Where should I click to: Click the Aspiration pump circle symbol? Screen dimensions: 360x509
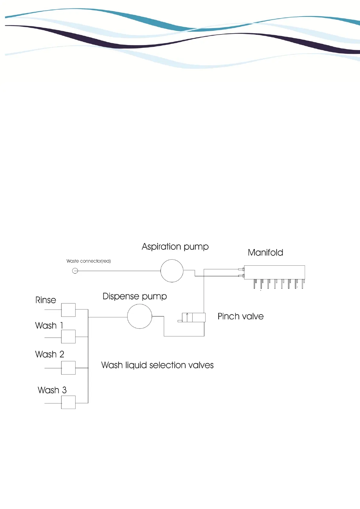pyautogui.click(x=172, y=271)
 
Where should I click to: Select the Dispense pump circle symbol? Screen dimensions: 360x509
pyautogui.click(x=140, y=316)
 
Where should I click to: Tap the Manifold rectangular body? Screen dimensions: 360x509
pyautogui.click(x=274, y=272)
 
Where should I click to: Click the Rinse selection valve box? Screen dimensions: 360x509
pyautogui.click(x=68, y=310)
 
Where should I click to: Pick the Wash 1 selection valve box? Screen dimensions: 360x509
pyautogui.click(x=68, y=336)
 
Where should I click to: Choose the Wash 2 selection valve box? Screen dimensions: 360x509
pyautogui.click(x=68, y=368)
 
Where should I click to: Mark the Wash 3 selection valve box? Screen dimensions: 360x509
pyautogui.click(x=68, y=402)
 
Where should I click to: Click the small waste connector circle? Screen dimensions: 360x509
pyautogui.click(x=75, y=271)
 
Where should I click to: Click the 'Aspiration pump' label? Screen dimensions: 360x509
pyautogui.click(x=175, y=247)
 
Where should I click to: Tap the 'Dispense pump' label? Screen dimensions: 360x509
pyautogui.click(x=135, y=297)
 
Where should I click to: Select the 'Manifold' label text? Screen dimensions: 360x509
pyautogui.click(x=265, y=253)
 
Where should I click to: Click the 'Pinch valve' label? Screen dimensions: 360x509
pyautogui.click(x=241, y=316)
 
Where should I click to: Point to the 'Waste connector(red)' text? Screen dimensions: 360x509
pyautogui.click(x=89, y=261)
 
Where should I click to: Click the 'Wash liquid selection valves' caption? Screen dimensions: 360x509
pyautogui.click(x=157, y=365)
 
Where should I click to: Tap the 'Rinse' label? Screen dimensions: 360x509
pyautogui.click(x=46, y=300)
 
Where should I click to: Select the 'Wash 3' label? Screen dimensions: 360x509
pyautogui.click(x=52, y=390)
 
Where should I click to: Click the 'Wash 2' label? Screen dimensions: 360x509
pyautogui.click(x=50, y=354)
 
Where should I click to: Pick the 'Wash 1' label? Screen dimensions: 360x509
pyautogui.click(x=49, y=326)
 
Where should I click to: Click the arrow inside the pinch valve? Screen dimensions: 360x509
pyautogui.click(x=187, y=317)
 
